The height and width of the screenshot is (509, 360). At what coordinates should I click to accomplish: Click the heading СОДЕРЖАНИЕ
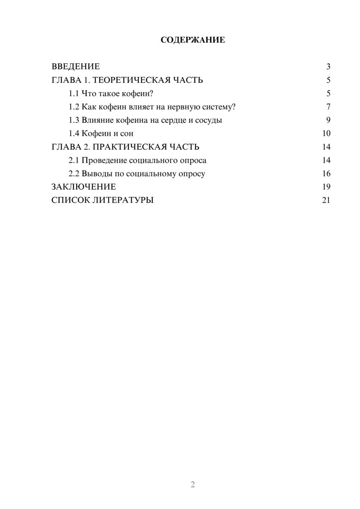193,40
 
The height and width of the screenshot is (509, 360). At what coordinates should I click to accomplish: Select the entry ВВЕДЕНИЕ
76,67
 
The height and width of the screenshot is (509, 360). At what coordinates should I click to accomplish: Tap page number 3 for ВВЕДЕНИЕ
328,67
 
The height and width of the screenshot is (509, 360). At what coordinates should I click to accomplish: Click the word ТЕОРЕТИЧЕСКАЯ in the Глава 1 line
131,80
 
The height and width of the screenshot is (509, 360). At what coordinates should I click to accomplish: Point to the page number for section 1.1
328,94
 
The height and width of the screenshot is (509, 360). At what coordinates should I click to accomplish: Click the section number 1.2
74,107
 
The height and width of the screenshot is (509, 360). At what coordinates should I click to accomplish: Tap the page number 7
328,107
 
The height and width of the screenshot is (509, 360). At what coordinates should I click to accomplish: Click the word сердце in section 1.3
173,120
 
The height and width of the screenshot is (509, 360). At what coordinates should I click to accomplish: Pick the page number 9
328,120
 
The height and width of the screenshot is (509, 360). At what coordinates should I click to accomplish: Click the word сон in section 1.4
127,134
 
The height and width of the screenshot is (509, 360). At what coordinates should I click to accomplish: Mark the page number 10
326,134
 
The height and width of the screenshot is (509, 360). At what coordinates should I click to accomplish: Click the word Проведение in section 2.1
104,160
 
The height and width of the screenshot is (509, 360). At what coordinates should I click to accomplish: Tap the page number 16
326,174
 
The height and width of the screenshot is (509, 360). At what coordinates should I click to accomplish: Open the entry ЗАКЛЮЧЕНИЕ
84,187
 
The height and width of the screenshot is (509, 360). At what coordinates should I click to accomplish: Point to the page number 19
326,187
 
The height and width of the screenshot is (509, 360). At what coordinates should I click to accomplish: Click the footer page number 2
193,485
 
